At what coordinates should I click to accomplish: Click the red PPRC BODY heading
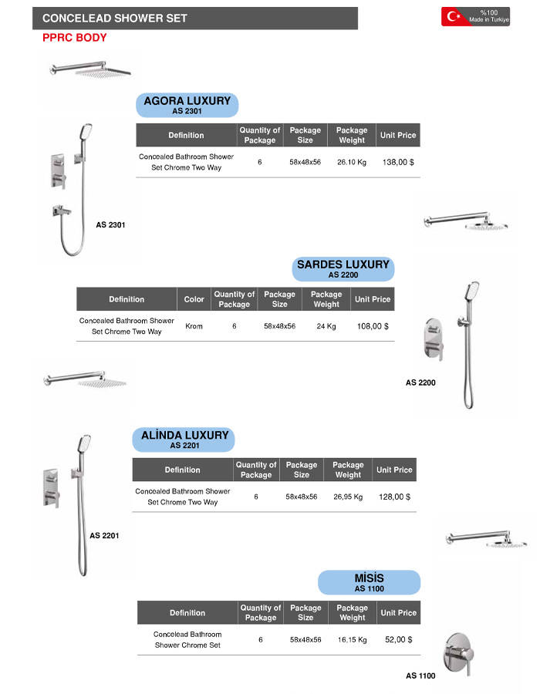[75, 37]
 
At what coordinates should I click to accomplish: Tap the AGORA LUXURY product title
[187, 101]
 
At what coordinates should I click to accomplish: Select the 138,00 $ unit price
[398, 162]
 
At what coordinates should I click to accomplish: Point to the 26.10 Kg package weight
[352, 162]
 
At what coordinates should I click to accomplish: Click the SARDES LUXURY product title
[343, 264]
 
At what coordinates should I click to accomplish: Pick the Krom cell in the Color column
[194, 326]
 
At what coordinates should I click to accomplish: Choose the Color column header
[194, 299]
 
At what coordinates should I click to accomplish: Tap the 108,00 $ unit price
[373, 326]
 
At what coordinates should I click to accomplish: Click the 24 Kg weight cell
[326, 326]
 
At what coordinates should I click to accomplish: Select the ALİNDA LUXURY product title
[185, 436]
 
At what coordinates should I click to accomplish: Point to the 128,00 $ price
[394, 497]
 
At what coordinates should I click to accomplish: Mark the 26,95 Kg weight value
[348, 497]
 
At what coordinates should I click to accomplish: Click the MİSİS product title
[369, 578]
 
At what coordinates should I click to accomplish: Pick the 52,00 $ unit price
[398, 639]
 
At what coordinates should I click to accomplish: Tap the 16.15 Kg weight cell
[352, 640]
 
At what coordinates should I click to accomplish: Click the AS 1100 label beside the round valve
[420, 676]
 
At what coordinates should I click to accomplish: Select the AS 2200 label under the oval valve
[420, 382]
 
